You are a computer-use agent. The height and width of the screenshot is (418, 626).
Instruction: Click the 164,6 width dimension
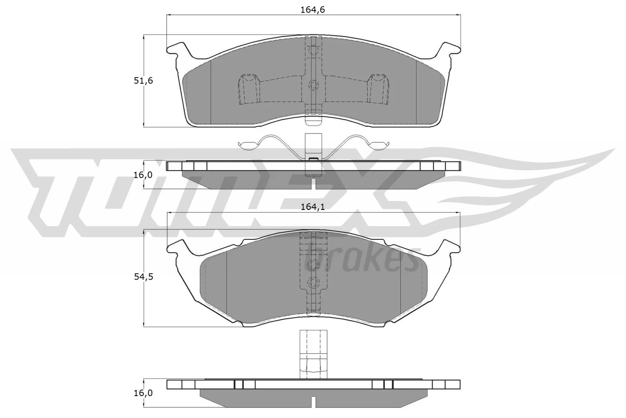(313, 10)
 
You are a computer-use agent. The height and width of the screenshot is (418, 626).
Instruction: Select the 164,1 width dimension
(313, 207)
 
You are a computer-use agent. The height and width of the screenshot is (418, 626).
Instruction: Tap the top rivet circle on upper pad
(313, 50)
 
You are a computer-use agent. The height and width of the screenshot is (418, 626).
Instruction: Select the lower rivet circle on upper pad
(313, 85)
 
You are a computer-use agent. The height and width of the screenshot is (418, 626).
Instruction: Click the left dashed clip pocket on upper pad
(248, 89)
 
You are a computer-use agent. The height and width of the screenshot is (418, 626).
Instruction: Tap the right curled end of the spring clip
(380, 145)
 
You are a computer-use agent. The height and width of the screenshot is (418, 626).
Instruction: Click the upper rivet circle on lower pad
(313, 265)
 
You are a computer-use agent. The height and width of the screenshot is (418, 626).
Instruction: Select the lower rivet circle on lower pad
(313, 282)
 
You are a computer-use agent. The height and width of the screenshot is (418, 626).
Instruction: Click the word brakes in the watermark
(360, 259)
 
